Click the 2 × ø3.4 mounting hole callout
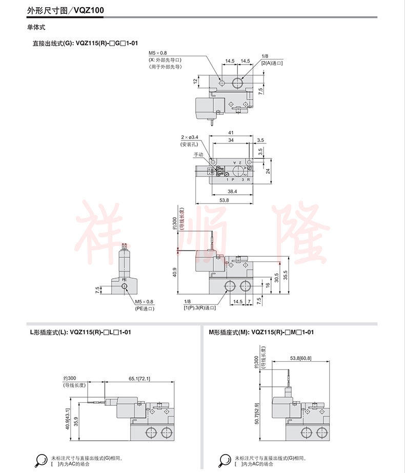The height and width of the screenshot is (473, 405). [191, 138]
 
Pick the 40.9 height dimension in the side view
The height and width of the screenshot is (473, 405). [174, 272]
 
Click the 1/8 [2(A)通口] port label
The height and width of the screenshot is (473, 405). [272, 59]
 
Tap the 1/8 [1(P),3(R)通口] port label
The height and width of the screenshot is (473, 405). [199, 305]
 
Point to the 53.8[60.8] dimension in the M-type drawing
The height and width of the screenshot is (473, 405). [301, 357]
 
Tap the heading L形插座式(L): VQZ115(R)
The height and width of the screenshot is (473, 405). [80, 332]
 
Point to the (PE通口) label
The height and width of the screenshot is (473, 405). [145, 309]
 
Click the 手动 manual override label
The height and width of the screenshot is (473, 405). [198, 154]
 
